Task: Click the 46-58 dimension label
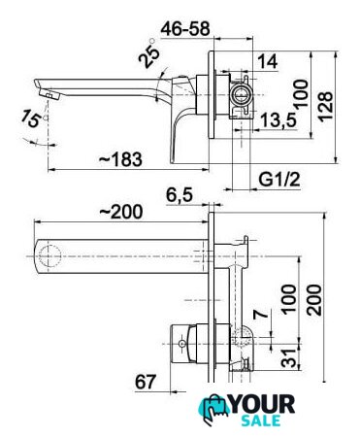tap(185, 29)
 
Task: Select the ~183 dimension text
tap(120, 159)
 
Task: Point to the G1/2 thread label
tap(279, 179)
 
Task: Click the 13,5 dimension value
tap(278, 120)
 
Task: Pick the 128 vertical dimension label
tap(325, 107)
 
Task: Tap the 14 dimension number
tap(268, 61)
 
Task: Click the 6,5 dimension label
tap(180, 195)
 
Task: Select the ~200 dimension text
tap(121, 212)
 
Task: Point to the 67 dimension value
tap(146, 382)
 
